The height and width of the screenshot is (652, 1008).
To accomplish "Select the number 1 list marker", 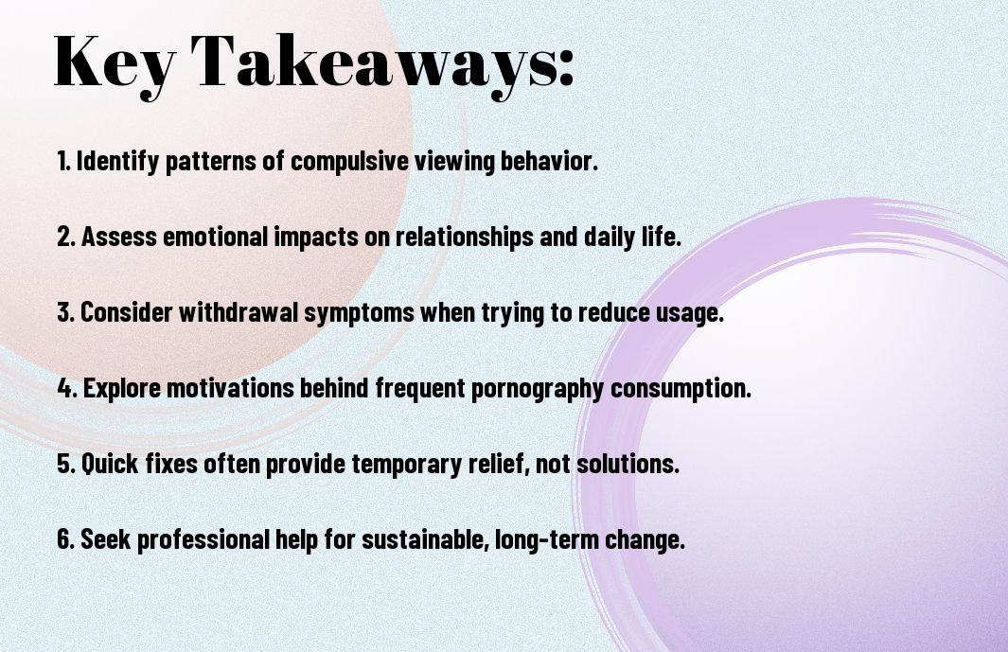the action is pos(63,161).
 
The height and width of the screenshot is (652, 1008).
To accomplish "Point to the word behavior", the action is pos(549,161).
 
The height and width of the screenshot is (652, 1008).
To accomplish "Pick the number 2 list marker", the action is pos(65,237).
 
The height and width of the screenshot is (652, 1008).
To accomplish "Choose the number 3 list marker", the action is pos(65,312).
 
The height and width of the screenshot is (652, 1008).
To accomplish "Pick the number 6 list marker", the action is pos(65,539).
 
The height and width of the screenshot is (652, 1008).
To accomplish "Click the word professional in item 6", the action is pos(203,540).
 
